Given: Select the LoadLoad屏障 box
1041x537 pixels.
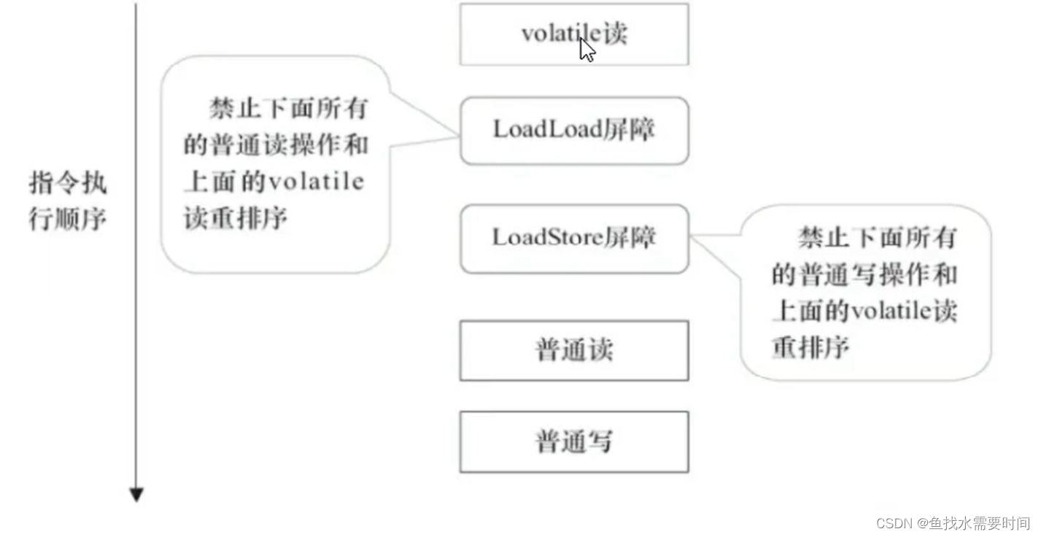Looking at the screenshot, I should pos(574,131).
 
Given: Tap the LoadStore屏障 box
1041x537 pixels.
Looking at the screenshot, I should pos(574,239).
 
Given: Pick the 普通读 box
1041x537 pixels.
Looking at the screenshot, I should pos(574,350).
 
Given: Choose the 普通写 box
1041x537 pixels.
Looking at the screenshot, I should pos(574,441).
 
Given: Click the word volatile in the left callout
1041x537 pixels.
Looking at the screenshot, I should pos(316,182).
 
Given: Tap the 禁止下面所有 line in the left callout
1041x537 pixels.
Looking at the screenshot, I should pos(288,109).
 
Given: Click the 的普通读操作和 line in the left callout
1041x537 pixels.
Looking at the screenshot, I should pos(276,145).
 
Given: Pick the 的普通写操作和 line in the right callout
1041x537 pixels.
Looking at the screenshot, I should pos(864,274).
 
